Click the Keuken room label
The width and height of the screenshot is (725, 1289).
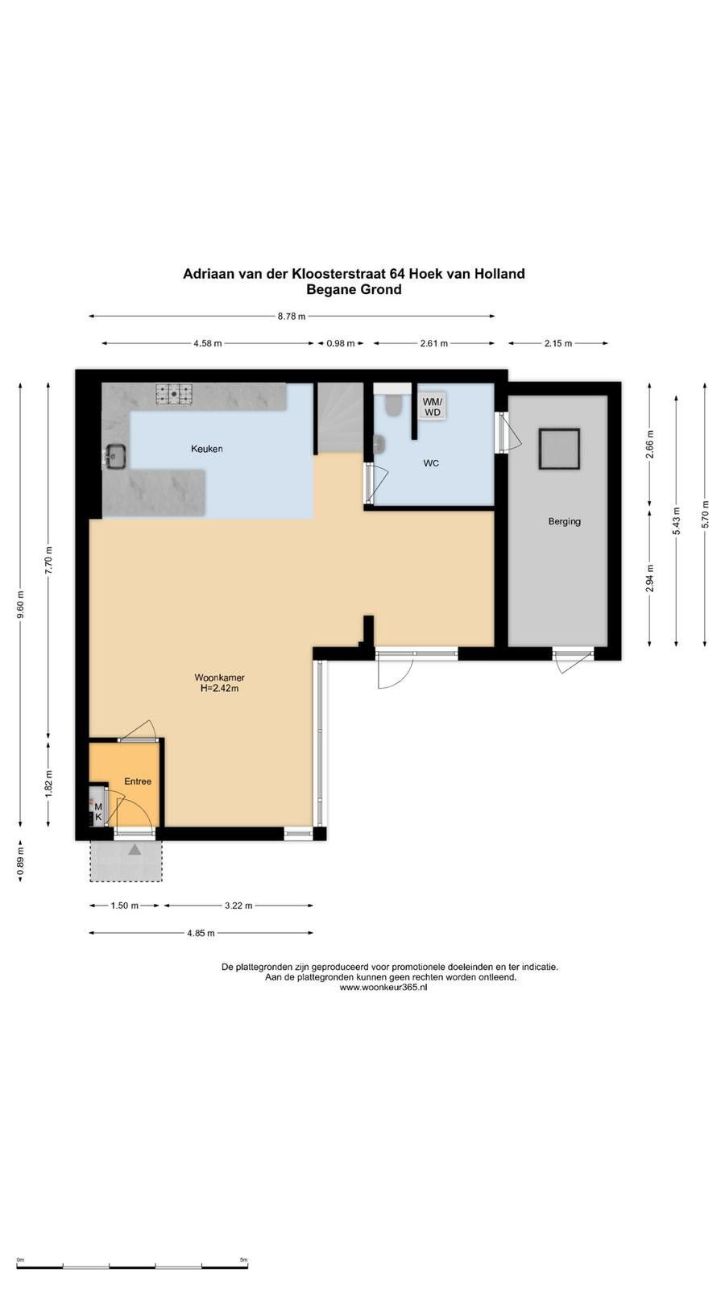coord(206,449)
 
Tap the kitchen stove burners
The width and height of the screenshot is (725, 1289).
coord(174,394)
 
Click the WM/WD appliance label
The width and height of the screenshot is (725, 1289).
coord(432,407)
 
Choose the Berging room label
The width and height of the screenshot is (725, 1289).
coord(565,521)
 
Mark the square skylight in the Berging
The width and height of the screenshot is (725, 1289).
coord(559,449)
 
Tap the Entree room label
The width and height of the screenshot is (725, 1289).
coord(138,781)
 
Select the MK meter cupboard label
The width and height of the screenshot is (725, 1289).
coord(98,812)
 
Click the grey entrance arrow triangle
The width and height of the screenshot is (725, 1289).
coord(135,849)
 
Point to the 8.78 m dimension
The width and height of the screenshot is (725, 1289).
coord(292,316)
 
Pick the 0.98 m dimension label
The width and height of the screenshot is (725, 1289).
coord(341,343)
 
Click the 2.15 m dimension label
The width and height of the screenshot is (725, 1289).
coord(558,343)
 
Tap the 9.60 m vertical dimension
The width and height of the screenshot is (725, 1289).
coord(21,605)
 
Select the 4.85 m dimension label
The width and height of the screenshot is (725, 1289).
coord(201,934)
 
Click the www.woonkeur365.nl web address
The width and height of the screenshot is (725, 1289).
coord(383,988)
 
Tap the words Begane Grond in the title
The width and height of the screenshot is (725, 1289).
coord(354,289)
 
